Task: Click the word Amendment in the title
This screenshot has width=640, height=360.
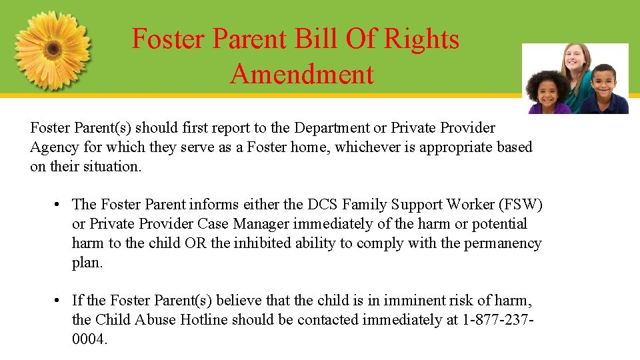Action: click(x=302, y=74)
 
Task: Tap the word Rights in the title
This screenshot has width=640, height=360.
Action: click(x=425, y=39)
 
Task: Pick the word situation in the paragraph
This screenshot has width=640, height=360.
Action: click(x=113, y=167)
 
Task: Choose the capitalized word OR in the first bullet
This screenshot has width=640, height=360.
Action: click(x=195, y=243)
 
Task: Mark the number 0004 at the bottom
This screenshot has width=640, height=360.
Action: click(x=89, y=339)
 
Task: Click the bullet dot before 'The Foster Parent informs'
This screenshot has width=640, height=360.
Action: click(x=59, y=205)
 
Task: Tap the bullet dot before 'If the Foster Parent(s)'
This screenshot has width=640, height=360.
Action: click(x=59, y=301)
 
